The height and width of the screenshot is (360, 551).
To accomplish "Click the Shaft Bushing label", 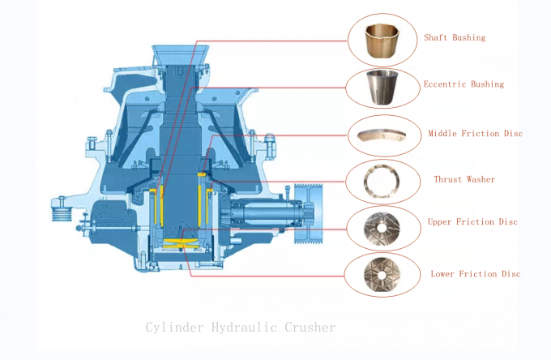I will [x=455, y=38].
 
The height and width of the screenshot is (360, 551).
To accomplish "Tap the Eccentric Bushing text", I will [x=463, y=84].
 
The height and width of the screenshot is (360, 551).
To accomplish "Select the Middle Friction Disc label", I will [x=475, y=133].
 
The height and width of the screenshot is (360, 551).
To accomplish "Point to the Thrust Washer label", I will [x=464, y=179].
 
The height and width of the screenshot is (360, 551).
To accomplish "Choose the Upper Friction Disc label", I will [x=472, y=221].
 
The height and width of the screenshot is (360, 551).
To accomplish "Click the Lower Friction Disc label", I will [x=475, y=274].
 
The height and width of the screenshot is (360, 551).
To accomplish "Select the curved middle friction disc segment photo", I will [x=382, y=135].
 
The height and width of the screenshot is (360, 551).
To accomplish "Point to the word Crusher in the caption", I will [x=310, y=328].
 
